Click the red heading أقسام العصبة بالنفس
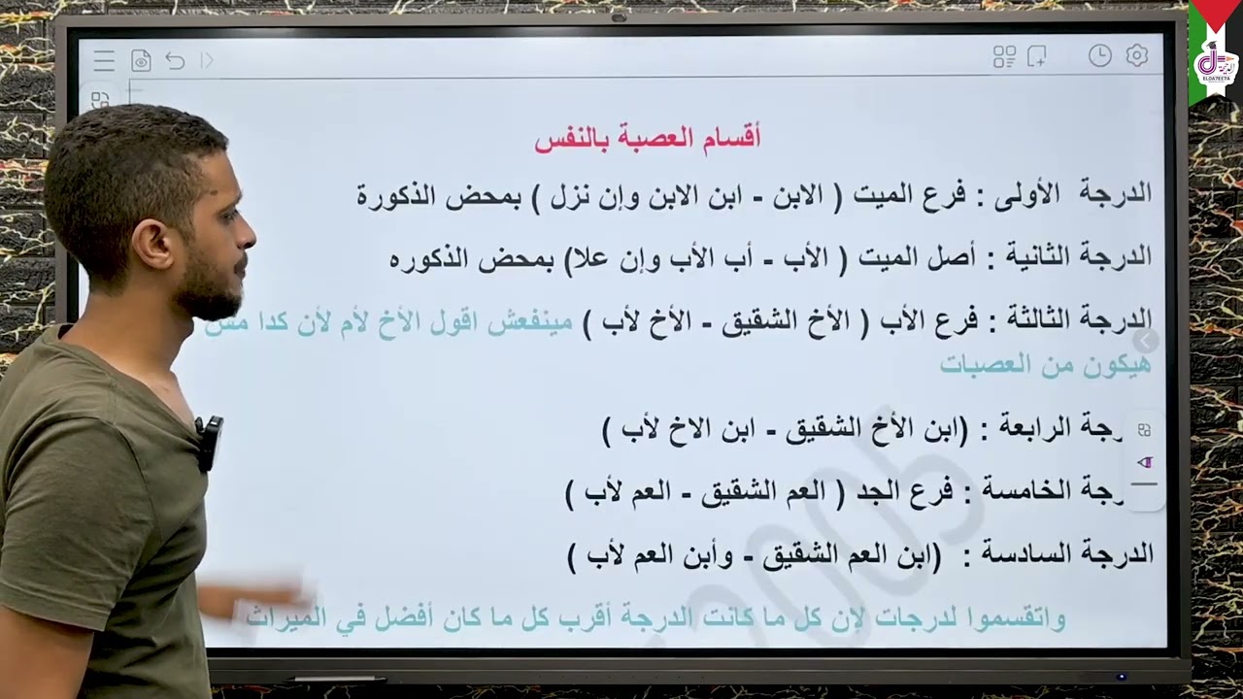pyautogui.click(x=647, y=138)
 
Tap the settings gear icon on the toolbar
pyautogui.click(x=1136, y=56)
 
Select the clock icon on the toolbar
pyautogui.click(x=1099, y=56)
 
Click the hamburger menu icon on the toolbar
pyautogui.click(x=104, y=61)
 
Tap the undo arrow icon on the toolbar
pyautogui.click(x=175, y=61)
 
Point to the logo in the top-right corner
pyautogui.click(x=1214, y=64)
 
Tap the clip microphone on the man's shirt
pyautogui.click(x=209, y=442)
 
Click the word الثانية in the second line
pyautogui.click(x=1035, y=256)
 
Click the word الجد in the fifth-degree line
pyautogui.click(x=877, y=491)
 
